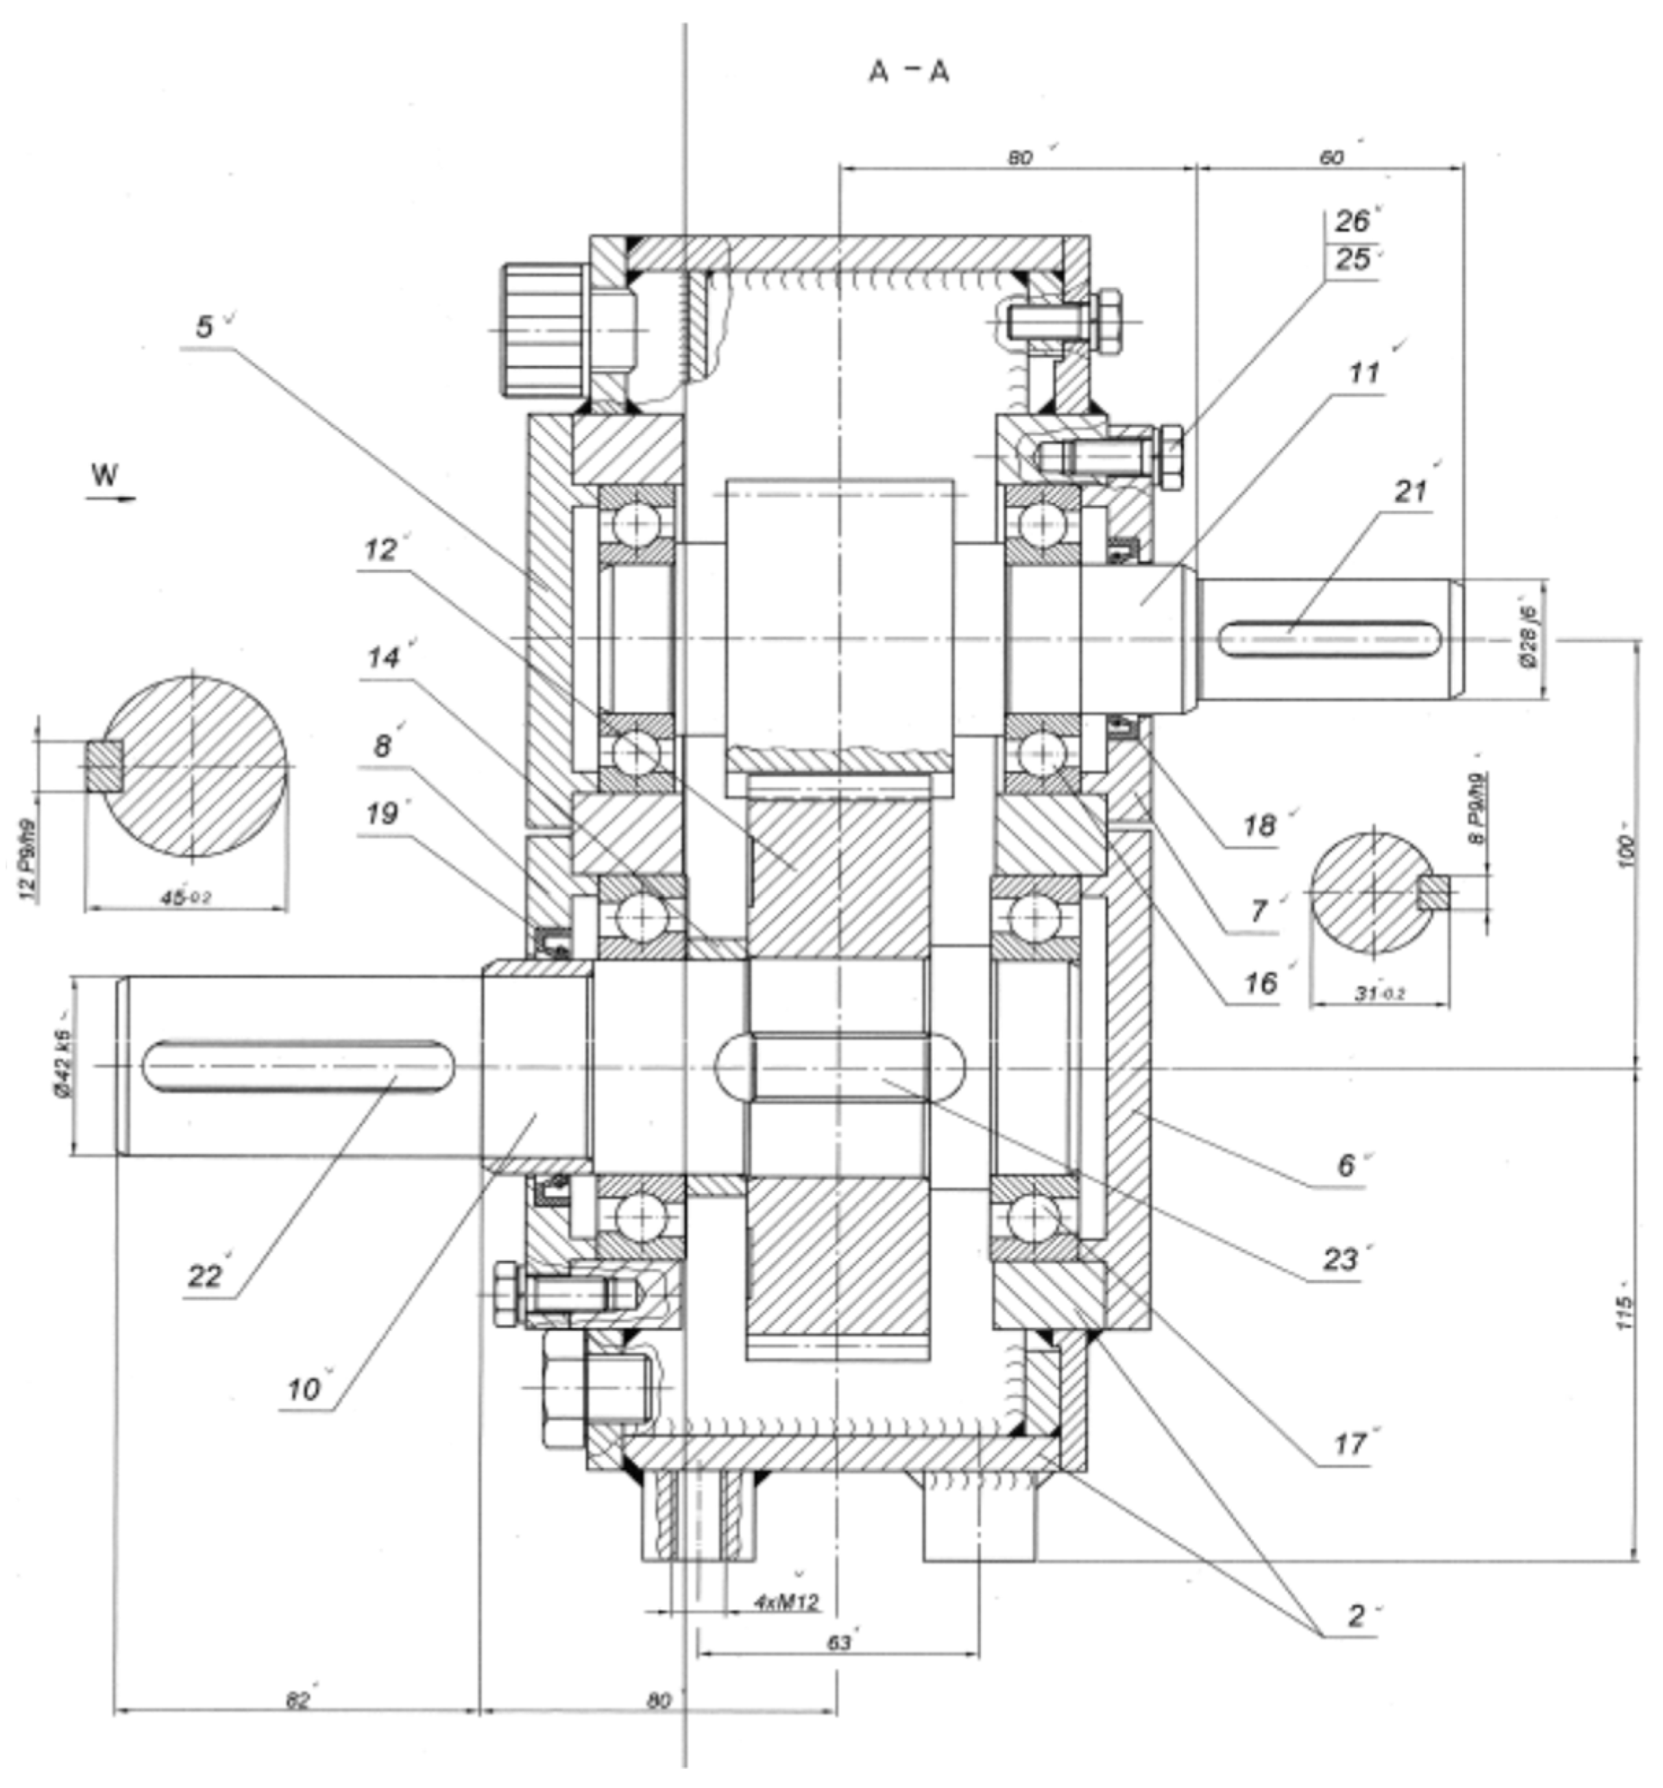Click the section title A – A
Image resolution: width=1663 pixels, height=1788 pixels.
coord(908,72)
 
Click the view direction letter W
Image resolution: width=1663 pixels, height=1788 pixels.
coord(104,474)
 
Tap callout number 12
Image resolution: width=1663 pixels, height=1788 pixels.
coord(380,550)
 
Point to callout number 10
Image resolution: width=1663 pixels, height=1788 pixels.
coord(303,1390)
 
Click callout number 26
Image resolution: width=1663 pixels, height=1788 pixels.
coord(1352,221)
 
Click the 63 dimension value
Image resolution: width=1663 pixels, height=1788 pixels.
coord(838,1643)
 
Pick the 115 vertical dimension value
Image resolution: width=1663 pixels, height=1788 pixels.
coord(1623,1313)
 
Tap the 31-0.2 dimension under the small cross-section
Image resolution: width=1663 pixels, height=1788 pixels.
coord(1379,994)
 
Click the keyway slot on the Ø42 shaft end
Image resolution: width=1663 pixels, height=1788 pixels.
coord(298,1066)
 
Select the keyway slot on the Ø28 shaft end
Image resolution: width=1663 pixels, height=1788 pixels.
coord(1331,639)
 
